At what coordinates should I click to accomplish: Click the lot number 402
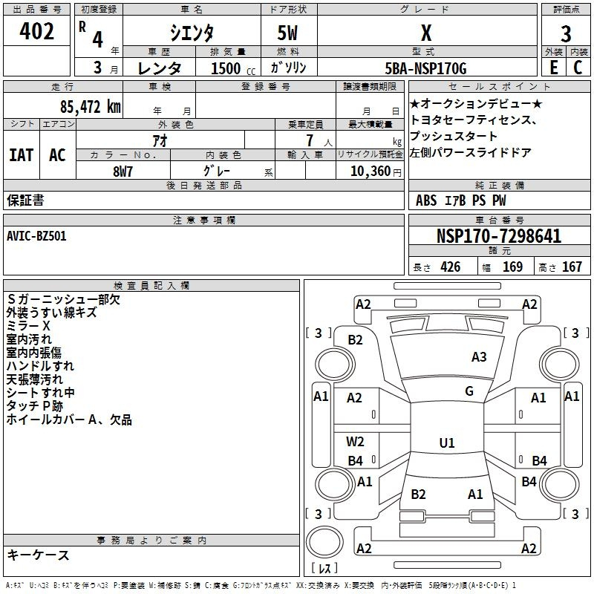pos(36,31)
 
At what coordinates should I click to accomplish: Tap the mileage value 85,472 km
pos(91,107)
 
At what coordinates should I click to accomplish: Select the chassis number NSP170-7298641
pos(499,236)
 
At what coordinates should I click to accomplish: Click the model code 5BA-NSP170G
pos(425,68)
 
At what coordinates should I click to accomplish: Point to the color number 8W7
pos(123,172)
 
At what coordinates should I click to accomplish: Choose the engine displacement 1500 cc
pos(232,68)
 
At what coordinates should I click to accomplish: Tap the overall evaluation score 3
pos(566,34)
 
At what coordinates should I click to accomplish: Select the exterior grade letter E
pos(553,68)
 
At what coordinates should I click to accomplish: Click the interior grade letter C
pos(578,68)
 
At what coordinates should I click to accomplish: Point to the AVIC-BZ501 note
pos(36,236)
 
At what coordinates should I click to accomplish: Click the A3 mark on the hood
pos(479,357)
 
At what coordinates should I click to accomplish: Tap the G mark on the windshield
pos(469,391)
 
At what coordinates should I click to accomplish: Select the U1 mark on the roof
pos(447,443)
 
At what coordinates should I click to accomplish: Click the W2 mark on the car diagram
pos(355,441)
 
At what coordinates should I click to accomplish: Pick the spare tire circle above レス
pos(324,542)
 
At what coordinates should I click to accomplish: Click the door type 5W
pos(287,33)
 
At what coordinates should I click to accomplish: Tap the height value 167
pos(572,267)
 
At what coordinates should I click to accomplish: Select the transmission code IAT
pos(22,155)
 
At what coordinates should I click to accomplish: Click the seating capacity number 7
pos(310,140)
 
